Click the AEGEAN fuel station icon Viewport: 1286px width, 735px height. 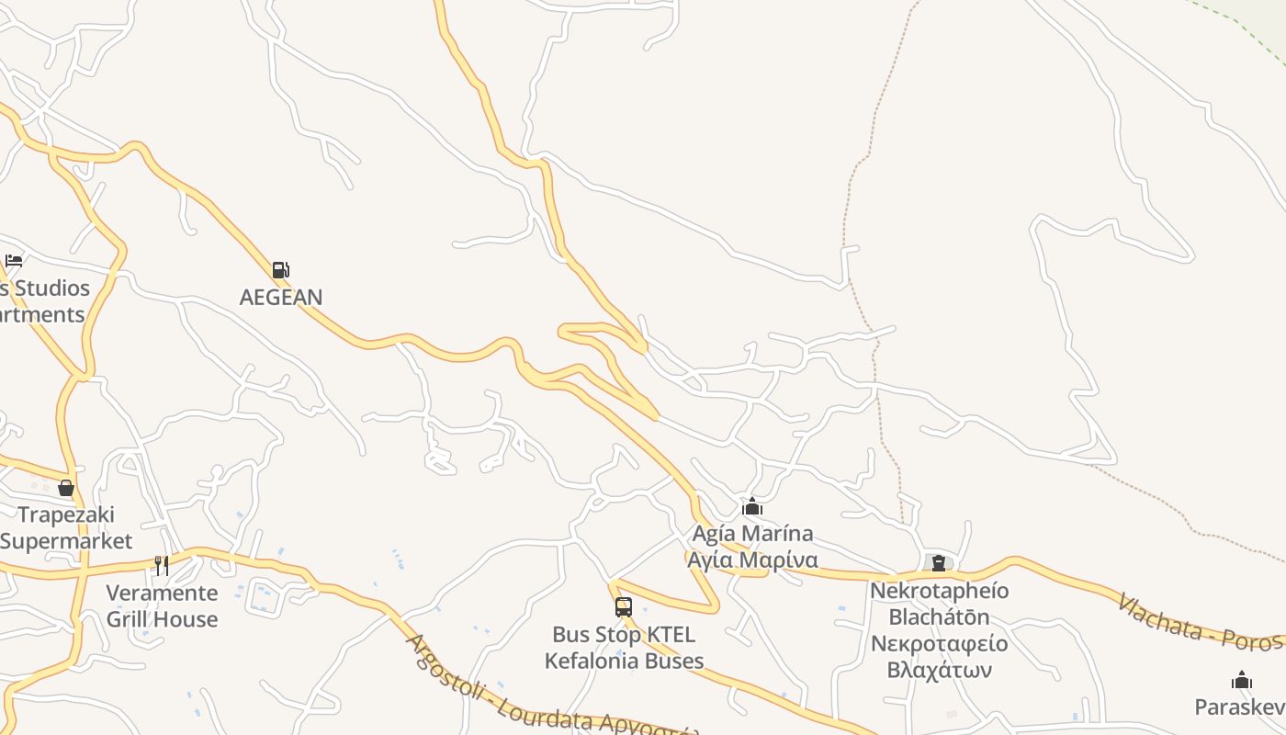[x=280, y=270]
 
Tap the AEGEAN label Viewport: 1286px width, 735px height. [x=281, y=297]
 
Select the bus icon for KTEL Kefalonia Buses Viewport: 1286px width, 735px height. [x=624, y=607]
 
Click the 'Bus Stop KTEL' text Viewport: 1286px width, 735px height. [x=624, y=635]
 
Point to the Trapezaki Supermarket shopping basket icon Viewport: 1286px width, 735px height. [x=66, y=488]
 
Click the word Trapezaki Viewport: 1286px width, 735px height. [x=66, y=514]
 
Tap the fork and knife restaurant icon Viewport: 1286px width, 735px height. [x=162, y=565]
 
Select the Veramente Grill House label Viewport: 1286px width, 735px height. [x=162, y=605]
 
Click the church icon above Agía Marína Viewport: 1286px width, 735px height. [x=752, y=506]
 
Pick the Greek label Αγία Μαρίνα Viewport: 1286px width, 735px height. [x=752, y=560]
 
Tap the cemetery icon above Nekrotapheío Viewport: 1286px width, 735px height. [x=939, y=563]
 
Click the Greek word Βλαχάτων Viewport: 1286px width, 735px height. [x=939, y=669]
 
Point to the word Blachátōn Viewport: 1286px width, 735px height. [x=939, y=616]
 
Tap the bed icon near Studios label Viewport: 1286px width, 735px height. [x=14, y=261]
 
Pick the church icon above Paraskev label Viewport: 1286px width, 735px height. [x=1242, y=681]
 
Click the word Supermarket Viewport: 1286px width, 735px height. [x=66, y=540]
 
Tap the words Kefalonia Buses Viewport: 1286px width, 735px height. [x=624, y=661]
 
